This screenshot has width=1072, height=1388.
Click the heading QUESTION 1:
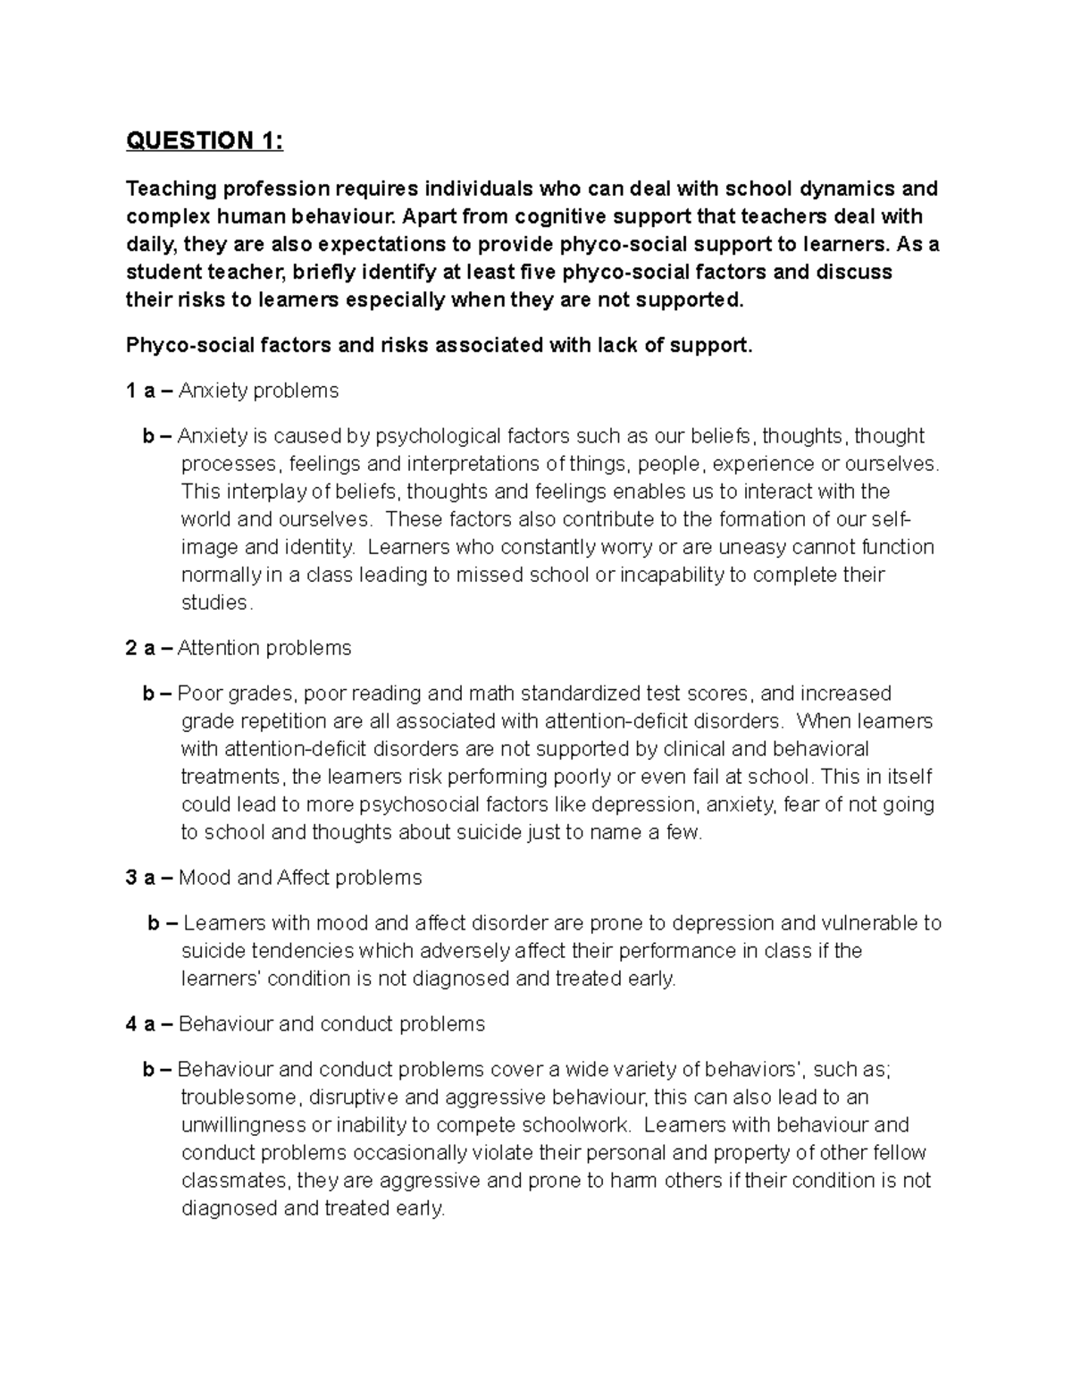click(x=205, y=141)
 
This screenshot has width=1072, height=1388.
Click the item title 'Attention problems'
click(x=264, y=648)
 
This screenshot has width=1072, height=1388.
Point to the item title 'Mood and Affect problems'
click(x=300, y=878)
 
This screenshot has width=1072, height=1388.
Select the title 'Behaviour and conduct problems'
click(x=331, y=1024)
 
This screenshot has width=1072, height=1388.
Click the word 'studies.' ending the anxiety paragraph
click(x=217, y=603)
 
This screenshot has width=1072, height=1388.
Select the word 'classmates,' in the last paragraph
click(x=236, y=1181)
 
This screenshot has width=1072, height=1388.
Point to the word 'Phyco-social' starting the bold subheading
click(x=184, y=345)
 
